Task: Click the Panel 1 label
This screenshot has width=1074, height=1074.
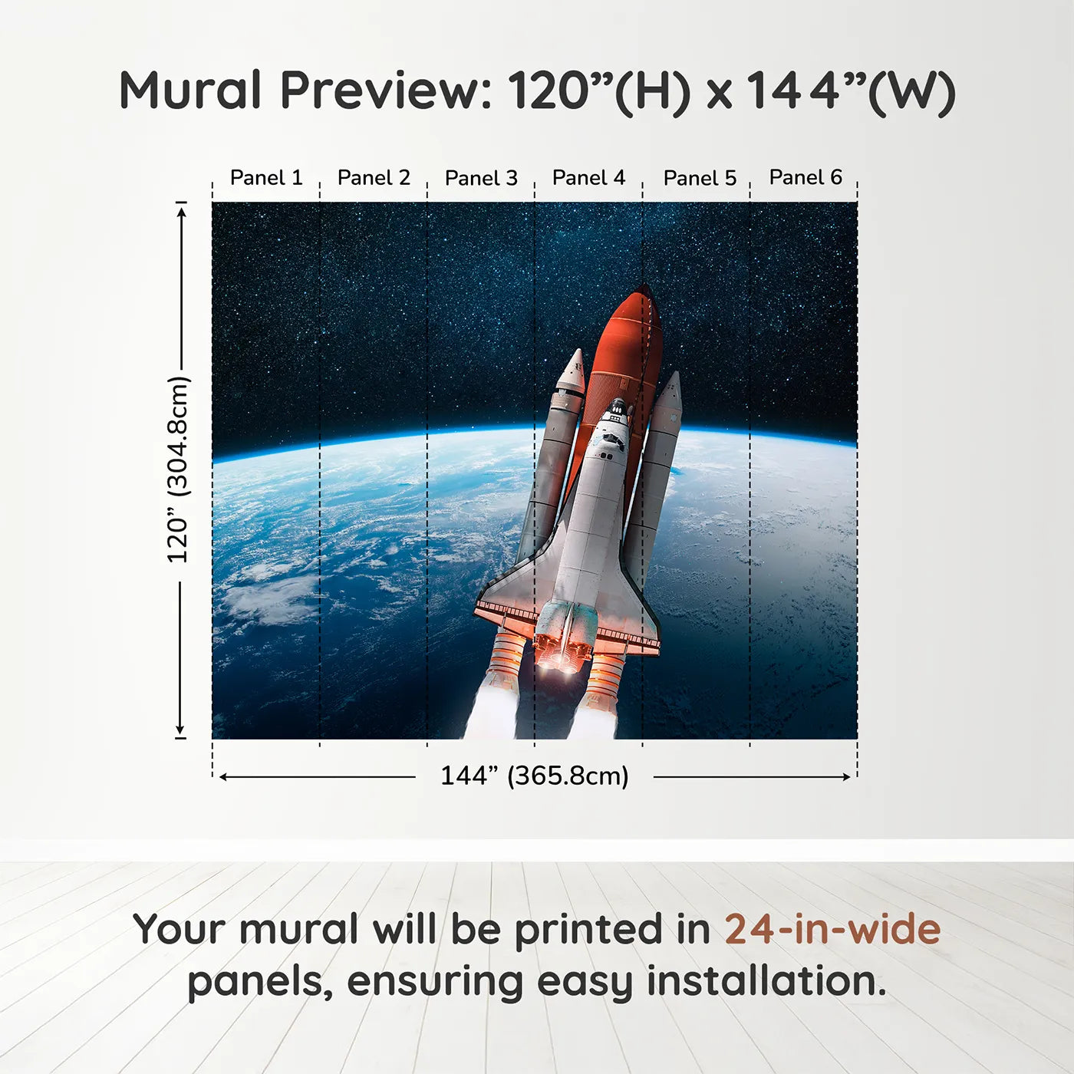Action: pyautogui.click(x=266, y=178)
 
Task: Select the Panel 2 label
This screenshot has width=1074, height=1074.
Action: pyautogui.click(x=374, y=178)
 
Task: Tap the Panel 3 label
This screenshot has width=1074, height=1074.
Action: pyautogui.click(x=481, y=178)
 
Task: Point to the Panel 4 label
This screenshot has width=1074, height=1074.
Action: pyautogui.click(x=588, y=178)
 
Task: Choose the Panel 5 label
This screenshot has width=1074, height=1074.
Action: pyautogui.click(x=699, y=178)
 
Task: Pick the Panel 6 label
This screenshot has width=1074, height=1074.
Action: pyautogui.click(x=805, y=177)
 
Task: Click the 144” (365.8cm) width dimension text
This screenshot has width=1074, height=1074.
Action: pyautogui.click(x=534, y=776)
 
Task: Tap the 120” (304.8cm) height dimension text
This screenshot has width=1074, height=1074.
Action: pyautogui.click(x=178, y=469)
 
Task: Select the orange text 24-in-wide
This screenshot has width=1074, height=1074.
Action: pyautogui.click(x=832, y=929)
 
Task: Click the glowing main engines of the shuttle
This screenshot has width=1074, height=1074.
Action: pyautogui.click(x=564, y=648)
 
